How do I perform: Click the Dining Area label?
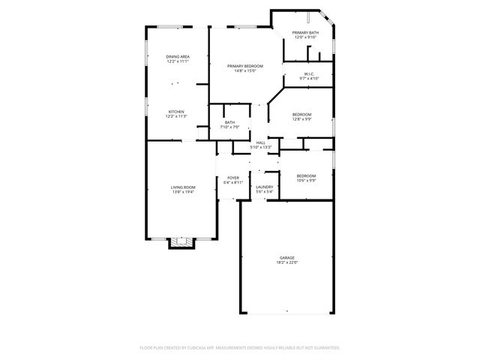click(177, 57)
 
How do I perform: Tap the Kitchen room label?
click(176, 111)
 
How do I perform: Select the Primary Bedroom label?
click(245, 66)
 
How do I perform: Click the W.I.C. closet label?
click(308, 73)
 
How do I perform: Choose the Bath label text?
click(229, 122)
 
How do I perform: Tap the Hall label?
click(260, 142)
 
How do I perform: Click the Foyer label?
click(233, 177)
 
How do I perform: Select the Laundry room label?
click(264, 187)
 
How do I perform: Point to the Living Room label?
click(183, 187)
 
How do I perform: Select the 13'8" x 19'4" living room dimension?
click(183, 192)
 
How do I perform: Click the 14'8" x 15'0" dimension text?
click(245, 71)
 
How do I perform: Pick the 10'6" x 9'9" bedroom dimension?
click(307, 180)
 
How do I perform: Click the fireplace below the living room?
click(181, 242)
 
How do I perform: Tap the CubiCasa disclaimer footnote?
click(240, 348)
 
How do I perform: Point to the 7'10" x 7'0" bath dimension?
click(229, 127)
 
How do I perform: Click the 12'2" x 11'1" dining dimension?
click(177, 62)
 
